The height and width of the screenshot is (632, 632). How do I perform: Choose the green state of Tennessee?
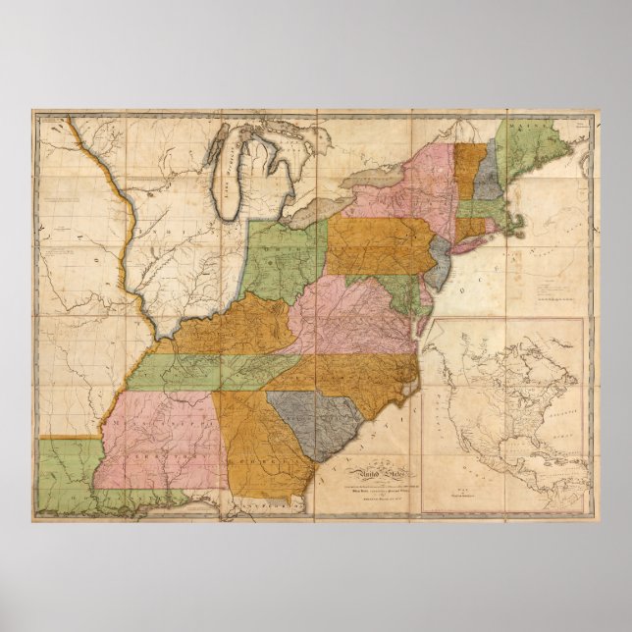click(211, 369)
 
